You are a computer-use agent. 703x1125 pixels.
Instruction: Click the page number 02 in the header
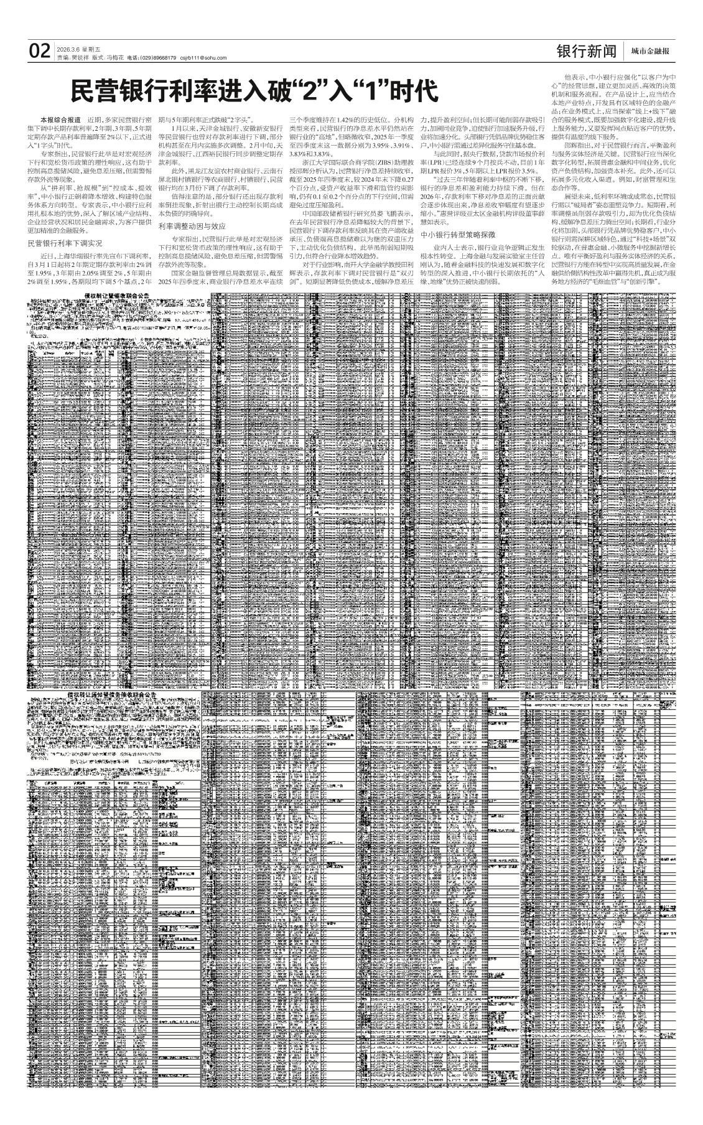point(39,51)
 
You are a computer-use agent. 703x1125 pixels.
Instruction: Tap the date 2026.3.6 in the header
point(67,49)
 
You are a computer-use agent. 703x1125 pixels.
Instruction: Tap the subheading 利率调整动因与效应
point(191,226)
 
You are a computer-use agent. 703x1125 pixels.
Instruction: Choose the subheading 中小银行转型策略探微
point(458,235)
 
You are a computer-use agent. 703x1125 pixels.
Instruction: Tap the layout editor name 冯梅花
point(115,58)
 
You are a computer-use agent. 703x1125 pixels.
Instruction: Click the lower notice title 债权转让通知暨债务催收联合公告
point(111,693)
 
